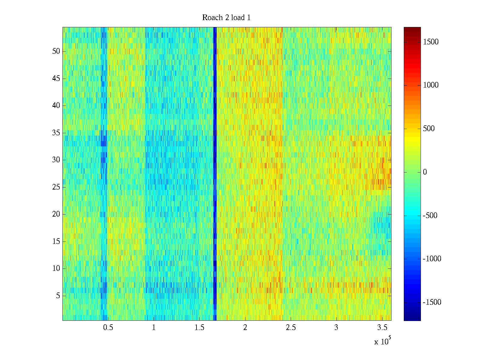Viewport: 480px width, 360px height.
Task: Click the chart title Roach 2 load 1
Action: pos(226,18)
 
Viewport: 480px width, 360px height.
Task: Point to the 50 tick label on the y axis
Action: pos(56,51)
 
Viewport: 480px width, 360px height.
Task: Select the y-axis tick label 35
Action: pos(56,133)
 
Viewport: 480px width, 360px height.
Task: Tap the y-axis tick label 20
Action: pos(56,214)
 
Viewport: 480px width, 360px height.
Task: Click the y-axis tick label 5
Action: pos(58,296)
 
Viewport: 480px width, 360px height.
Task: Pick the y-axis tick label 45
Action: pos(56,79)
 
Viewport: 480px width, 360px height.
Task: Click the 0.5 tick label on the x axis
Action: pos(108,328)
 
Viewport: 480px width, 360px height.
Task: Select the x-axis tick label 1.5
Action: pos(199,328)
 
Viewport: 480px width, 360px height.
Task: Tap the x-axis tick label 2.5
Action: pos(291,328)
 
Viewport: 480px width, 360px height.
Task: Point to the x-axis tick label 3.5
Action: pos(382,328)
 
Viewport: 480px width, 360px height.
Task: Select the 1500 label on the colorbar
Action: pos(431,42)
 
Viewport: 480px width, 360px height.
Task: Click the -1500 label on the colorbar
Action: pos(432,302)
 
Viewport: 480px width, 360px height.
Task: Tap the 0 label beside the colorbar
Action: pos(425,172)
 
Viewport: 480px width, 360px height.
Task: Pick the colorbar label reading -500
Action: pos(430,216)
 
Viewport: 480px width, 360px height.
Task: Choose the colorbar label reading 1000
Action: pos(431,85)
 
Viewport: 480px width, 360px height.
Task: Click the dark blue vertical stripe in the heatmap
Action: pos(215,174)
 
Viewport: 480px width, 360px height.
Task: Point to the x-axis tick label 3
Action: pos(336,328)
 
